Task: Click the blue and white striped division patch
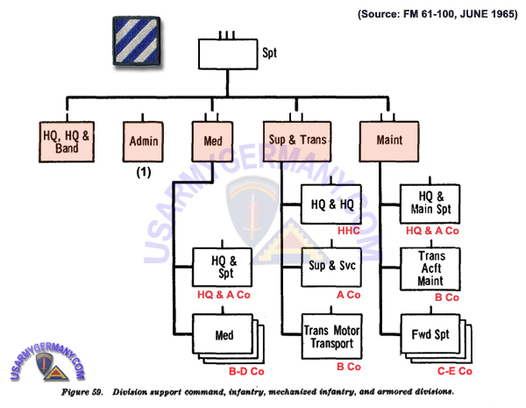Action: [x=137, y=40]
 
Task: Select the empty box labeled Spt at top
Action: [x=228, y=54]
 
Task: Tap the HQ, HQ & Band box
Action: [x=67, y=142]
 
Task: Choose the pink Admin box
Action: [x=143, y=142]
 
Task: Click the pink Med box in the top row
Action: [x=212, y=141]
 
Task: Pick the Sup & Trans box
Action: [x=297, y=141]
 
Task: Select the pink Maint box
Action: [x=389, y=141]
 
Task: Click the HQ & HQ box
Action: [x=331, y=204]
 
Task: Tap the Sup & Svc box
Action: [x=331, y=267]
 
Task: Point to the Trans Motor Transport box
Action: [x=331, y=336]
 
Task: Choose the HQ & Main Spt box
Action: [x=430, y=204]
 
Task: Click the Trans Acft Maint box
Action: [x=430, y=269]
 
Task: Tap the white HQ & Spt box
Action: [x=222, y=267]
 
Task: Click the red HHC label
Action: [x=349, y=231]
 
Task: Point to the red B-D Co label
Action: [x=246, y=371]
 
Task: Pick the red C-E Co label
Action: [x=455, y=371]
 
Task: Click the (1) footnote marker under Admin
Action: [x=144, y=172]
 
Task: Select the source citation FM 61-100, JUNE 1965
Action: [x=437, y=14]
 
